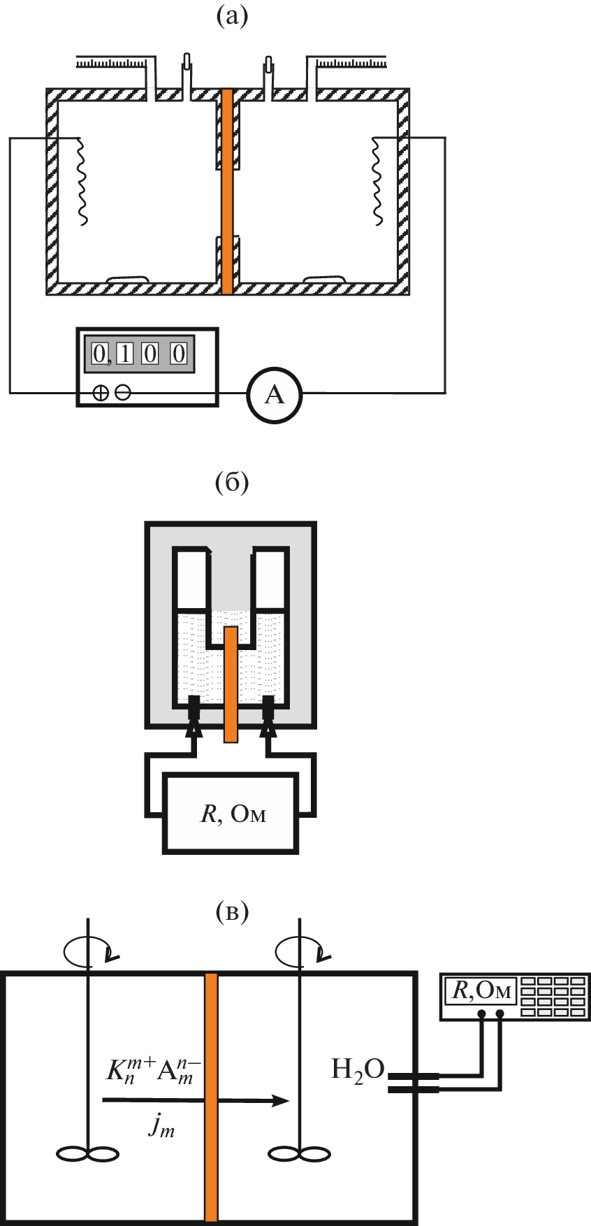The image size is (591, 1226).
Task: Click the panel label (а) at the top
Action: pos(232,16)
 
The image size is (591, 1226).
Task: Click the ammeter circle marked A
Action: pos(275,395)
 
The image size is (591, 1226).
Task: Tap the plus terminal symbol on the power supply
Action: pos(101,394)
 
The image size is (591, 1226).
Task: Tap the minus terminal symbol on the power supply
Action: pos(122,394)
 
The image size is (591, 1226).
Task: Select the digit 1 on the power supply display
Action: pos(125,354)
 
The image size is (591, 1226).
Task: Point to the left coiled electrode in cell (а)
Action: pos(82,180)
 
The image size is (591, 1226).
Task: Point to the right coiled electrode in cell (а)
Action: pos(377,180)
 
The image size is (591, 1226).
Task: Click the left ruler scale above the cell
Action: pos(112,64)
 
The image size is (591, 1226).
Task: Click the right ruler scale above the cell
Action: pos(351,64)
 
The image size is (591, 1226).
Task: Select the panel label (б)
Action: pos(233,482)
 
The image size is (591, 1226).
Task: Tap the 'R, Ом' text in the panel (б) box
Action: pos(233,814)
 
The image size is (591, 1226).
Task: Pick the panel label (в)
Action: pos(233,911)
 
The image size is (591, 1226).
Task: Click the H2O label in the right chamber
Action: pos(358,1070)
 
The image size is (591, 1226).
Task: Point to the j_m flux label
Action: pos(161,1125)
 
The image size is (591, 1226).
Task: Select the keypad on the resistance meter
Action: pos(553,996)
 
